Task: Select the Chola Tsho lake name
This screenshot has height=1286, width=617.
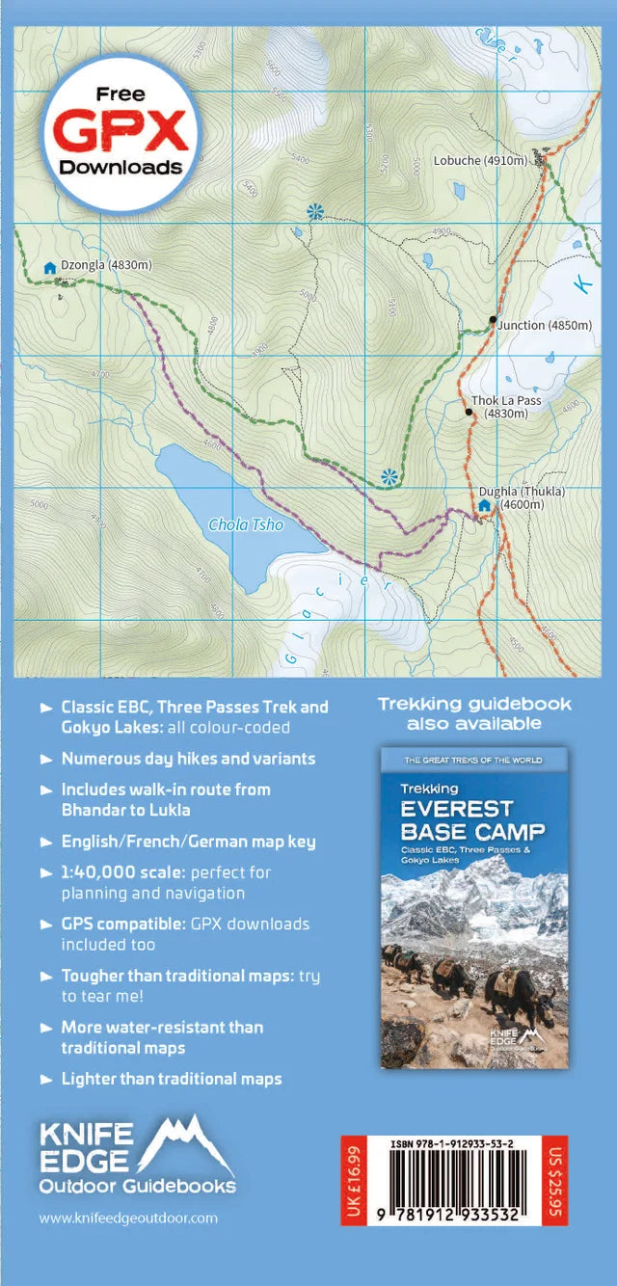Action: click(246, 525)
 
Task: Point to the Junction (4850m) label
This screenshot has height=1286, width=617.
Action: click(545, 326)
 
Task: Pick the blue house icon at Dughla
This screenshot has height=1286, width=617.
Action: click(484, 505)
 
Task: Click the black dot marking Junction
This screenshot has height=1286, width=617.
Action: click(493, 319)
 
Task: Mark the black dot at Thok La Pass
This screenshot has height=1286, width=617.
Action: click(469, 413)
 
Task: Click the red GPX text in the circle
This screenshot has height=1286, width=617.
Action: click(121, 129)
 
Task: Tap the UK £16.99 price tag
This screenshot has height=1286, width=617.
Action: click(353, 1182)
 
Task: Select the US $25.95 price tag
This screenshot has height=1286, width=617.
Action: click(553, 1182)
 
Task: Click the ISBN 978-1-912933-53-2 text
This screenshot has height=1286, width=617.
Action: click(452, 1144)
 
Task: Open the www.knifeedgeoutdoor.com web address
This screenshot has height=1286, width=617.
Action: click(128, 1218)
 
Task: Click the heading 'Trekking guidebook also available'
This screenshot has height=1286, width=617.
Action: click(474, 713)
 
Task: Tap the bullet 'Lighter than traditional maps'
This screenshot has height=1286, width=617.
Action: click(172, 1079)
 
